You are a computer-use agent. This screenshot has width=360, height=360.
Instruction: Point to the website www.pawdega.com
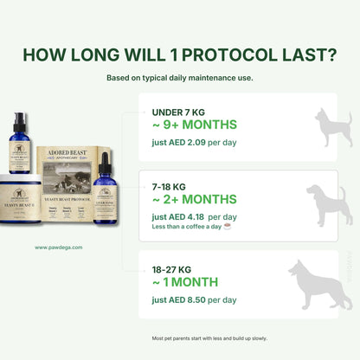(x=59, y=247)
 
